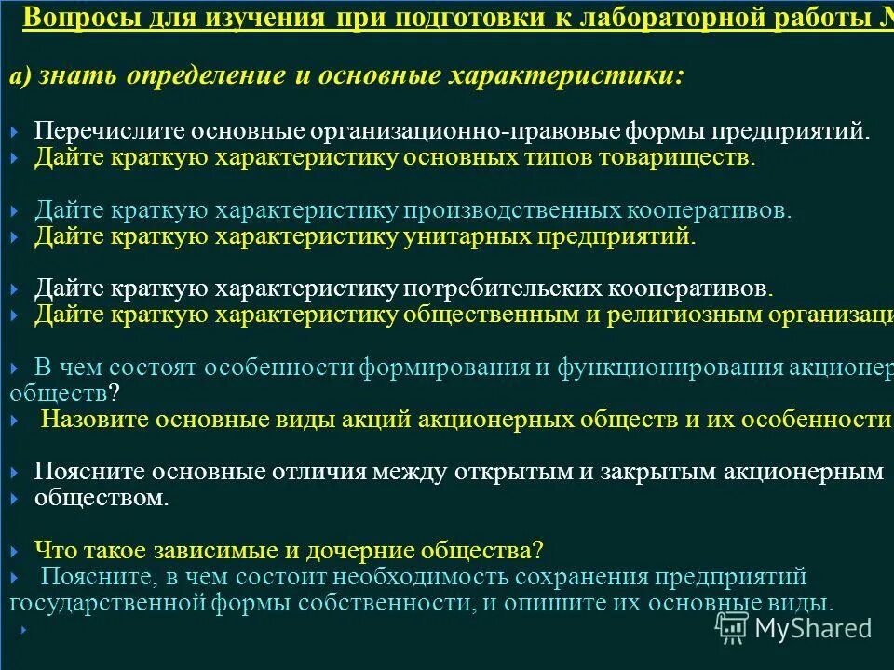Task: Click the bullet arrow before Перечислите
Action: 15,132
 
